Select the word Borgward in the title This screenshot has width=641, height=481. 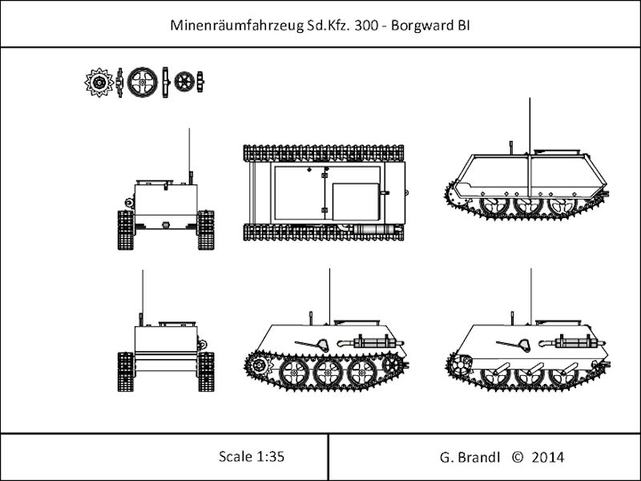tap(422, 26)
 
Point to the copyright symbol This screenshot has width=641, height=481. tap(517, 457)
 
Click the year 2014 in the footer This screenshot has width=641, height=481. tap(548, 457)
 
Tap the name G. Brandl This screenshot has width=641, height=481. tap(470, 457)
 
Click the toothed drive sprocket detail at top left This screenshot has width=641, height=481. tap(99, 83)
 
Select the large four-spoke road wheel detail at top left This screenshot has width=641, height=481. tap(143, 83)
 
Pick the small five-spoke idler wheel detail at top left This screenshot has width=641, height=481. tap(184, 82)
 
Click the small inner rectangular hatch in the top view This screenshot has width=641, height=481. tap(356, 202)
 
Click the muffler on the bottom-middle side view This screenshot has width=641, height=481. tap(375, 342)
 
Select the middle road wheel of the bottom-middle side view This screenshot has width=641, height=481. tap(328, 373)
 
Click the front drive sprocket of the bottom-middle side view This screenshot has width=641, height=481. tap(259, 365)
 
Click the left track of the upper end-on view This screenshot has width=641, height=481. tap(126, 230)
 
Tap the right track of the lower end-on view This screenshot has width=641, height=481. tap(206, 372)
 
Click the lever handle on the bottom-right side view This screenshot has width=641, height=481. tap(513, 345)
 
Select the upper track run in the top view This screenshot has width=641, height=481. tap(324, 153)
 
